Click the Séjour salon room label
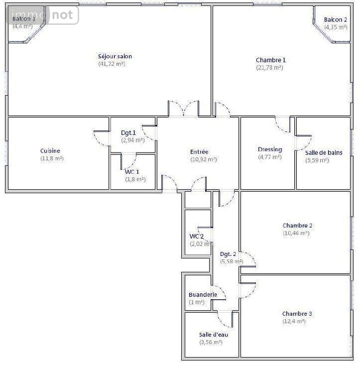[x=115, y=56]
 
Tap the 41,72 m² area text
[x=112, y=64]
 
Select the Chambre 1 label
[x=271, y=60]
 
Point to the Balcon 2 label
[x=335, y=20]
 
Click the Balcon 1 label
[x=23, y=19]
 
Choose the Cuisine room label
[x=50, y=151]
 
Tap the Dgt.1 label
[x=128, y=133]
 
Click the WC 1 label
[x=132, y=172]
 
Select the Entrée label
[x=199, y=152]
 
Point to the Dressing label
[x=270, y=149]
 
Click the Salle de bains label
[x=324, y=153]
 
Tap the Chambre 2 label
[x=297, y=226]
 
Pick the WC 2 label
[x=197, y=236]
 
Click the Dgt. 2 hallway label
[x=228, y=254]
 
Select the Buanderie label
[x=203, y=295]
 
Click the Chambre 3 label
[x=297, y=314]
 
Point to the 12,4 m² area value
[x=294, y=321]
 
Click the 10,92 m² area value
[x=204, y=159]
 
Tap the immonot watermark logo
[x=43, y=15]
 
